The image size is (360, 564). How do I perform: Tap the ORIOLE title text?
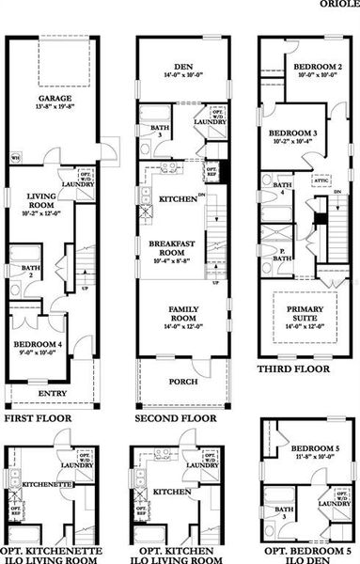pos(338,4)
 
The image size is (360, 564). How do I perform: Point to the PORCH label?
pos(182,382)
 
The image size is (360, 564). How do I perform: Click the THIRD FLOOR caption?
pos(294,370)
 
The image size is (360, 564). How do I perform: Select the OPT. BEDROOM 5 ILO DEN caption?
pos(307,555)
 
